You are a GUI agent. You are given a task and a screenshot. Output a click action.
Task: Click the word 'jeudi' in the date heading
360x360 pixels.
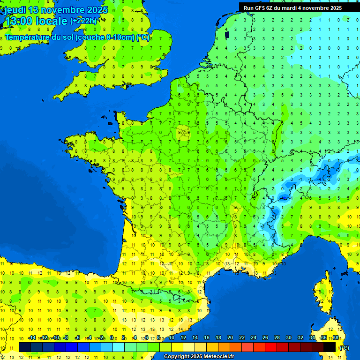pos(15,10)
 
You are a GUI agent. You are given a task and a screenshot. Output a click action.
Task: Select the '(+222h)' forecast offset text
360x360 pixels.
pos(83,21)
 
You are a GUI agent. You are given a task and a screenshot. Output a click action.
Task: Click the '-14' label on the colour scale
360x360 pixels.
pos(32,337)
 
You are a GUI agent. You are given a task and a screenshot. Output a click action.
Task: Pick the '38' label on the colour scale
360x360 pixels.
pos(335,337)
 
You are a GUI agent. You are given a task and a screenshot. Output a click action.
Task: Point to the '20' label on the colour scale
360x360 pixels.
pos(230,337)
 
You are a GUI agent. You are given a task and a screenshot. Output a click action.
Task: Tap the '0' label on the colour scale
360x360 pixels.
pos(112,337)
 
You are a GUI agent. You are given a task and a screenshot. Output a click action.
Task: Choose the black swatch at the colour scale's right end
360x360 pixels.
pos(330,347)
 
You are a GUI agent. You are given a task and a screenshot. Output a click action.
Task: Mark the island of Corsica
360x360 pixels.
pos(323,293)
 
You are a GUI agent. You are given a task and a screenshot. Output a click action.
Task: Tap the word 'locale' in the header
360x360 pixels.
pos(52,21)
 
